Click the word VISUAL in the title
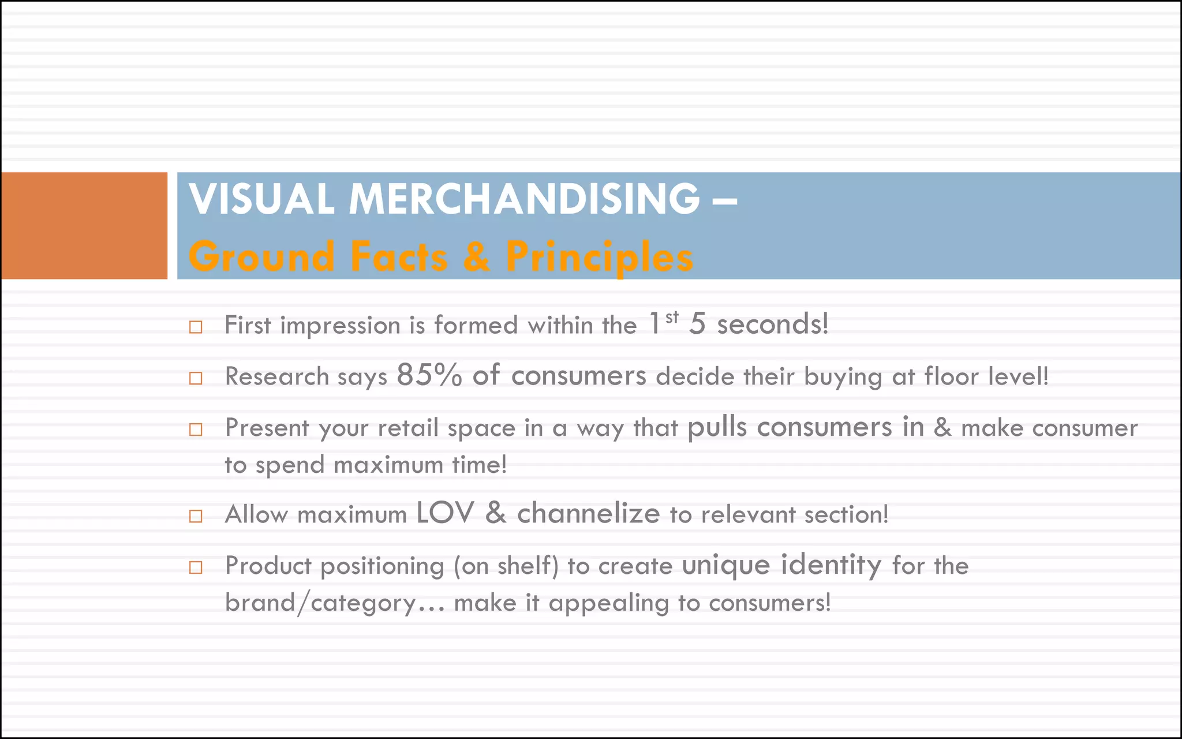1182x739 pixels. point(261,199)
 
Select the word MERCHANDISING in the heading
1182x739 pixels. point(524,199)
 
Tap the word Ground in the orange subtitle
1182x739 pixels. point(261,256)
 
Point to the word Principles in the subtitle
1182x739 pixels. point(599,256)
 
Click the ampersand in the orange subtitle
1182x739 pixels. point(476,256)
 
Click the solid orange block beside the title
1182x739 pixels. point(84,226)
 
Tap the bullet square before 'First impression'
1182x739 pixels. point(196,327)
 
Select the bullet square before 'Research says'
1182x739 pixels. point(196,379)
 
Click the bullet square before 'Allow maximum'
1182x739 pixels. point(196,516)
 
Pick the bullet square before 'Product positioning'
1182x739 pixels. point(196,568)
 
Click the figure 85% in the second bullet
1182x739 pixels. point(429,375)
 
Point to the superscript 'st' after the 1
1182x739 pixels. point(672,317)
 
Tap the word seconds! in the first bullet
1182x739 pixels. point(772,324)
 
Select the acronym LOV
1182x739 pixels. point(445,513)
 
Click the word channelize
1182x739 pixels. point(588,513)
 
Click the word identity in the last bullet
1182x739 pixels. point(831,565)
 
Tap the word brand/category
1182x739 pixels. point(320,603)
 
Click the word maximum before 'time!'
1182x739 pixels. point(388,465)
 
